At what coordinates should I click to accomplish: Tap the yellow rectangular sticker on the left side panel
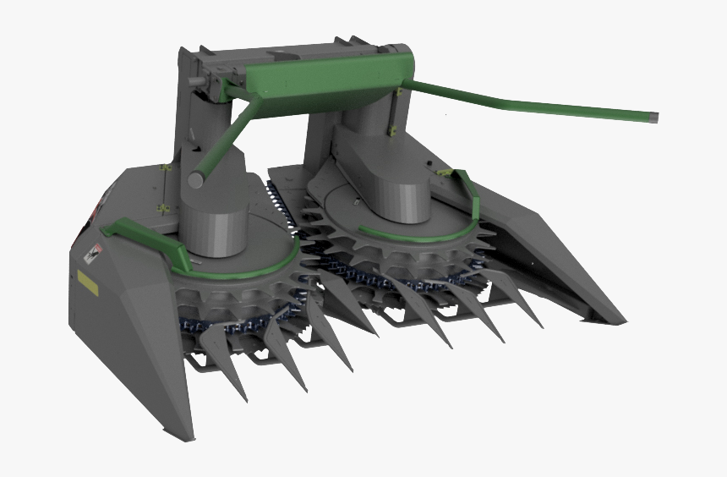86,281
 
